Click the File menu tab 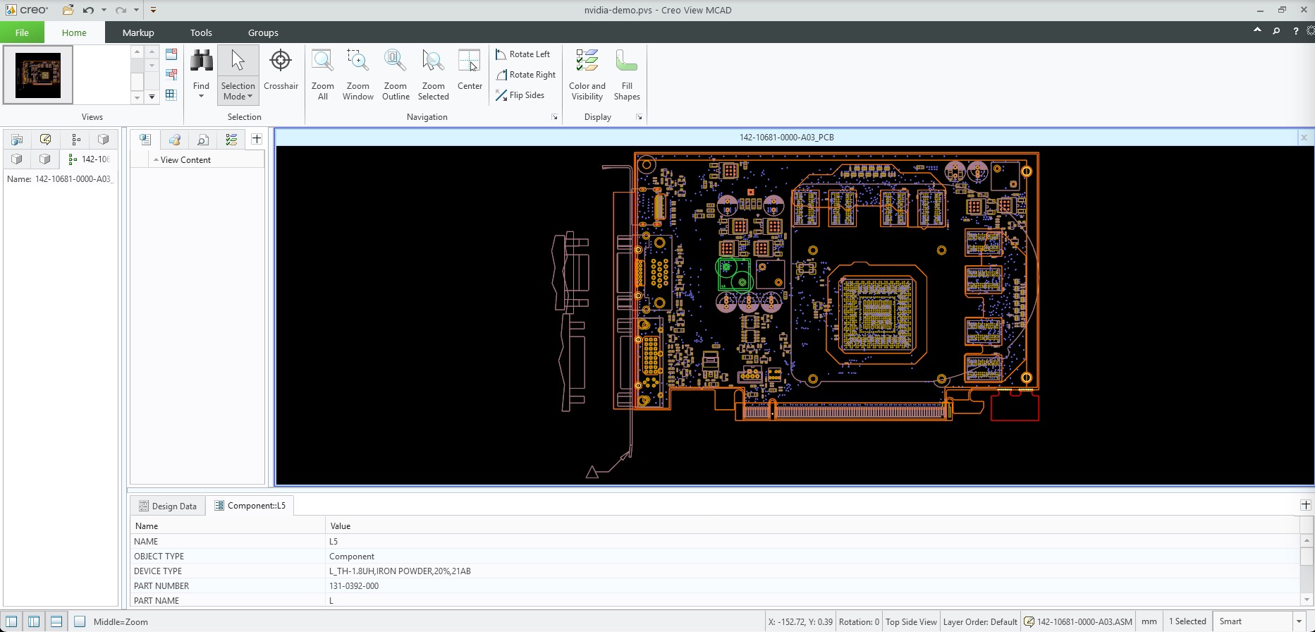tap(22, 32)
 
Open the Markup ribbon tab tap(137, 32)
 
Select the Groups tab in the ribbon tap(263, 32)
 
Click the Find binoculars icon tap(201, 62)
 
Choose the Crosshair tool tap(281, 70)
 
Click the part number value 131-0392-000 tap(354, 586)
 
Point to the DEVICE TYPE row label tap(158, 571)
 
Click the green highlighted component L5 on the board tap(734, 274)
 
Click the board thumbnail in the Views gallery tap(38, 75)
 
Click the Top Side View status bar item tap(911, 621)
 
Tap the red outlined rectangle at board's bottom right tap(1015, 407)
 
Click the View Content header tap(185, 160)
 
